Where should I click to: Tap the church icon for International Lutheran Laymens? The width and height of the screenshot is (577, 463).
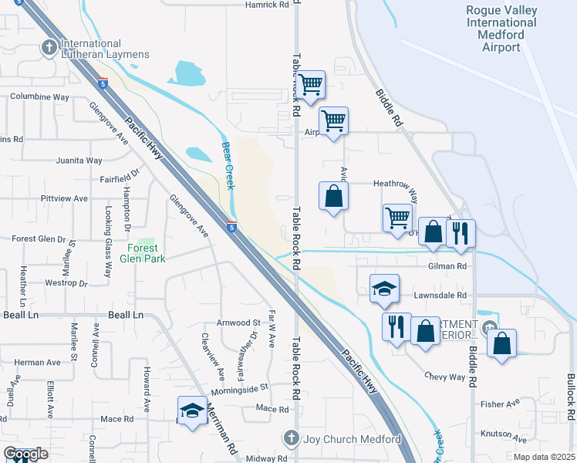click(49, 48)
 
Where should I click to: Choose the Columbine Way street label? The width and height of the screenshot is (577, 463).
click(39, 97)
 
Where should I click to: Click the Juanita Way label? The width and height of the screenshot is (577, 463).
click(79, 161)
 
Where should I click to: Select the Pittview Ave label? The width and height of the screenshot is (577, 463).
click(64, 198)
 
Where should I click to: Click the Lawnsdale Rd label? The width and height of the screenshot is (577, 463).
click(440, 295)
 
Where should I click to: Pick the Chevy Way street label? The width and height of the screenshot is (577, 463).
click(445, 377)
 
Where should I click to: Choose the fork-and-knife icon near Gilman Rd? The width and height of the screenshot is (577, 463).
click(461, 233)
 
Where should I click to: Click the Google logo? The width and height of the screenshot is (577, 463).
click(26, 455)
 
